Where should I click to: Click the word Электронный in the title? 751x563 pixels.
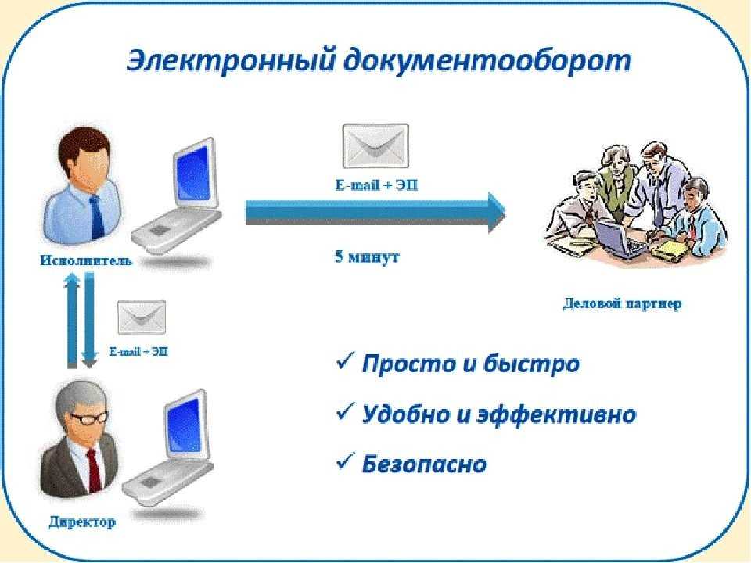[x=230, y=61]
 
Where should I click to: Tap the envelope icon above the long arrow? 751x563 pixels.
[x=376, y=146]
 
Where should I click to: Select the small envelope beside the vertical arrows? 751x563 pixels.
[x=142, y=317]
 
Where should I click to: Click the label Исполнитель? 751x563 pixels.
[x=86, y=260]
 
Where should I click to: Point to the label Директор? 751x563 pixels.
[x=82, y=522]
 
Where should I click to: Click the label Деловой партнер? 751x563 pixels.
[x=622, y=303]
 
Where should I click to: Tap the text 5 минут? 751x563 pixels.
[x=367, y=257]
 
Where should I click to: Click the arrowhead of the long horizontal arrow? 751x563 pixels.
[x=497, y=213]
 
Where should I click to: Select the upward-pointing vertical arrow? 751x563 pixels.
[x=72, y=321]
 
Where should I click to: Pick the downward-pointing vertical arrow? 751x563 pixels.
[x=89, y=320]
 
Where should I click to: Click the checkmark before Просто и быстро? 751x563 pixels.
[x=345, y=361]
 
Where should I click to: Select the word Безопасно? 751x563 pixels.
[x=424, y=464]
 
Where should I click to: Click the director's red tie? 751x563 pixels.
[x=95, y=471]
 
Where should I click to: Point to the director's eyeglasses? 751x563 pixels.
[x=89, y=418]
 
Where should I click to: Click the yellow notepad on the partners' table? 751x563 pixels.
[x=670, y=249]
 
